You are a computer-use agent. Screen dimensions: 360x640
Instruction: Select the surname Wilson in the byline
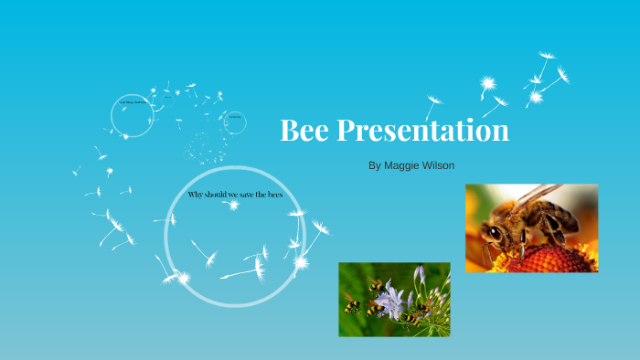(x=438, y=165)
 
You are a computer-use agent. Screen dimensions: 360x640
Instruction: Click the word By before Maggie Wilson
(x=373, y=165)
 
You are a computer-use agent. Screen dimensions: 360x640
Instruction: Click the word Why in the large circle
(x=197, y=196)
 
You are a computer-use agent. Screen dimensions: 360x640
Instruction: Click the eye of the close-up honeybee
(x=495, y=234)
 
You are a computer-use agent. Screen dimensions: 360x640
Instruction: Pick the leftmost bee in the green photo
(x=352, y=306)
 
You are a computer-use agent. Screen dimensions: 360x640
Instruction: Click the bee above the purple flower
(x=377, y=286)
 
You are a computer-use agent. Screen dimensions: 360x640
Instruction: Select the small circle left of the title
(x=235, y=122)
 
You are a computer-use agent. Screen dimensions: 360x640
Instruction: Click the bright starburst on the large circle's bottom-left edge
(x=182, y=277)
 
